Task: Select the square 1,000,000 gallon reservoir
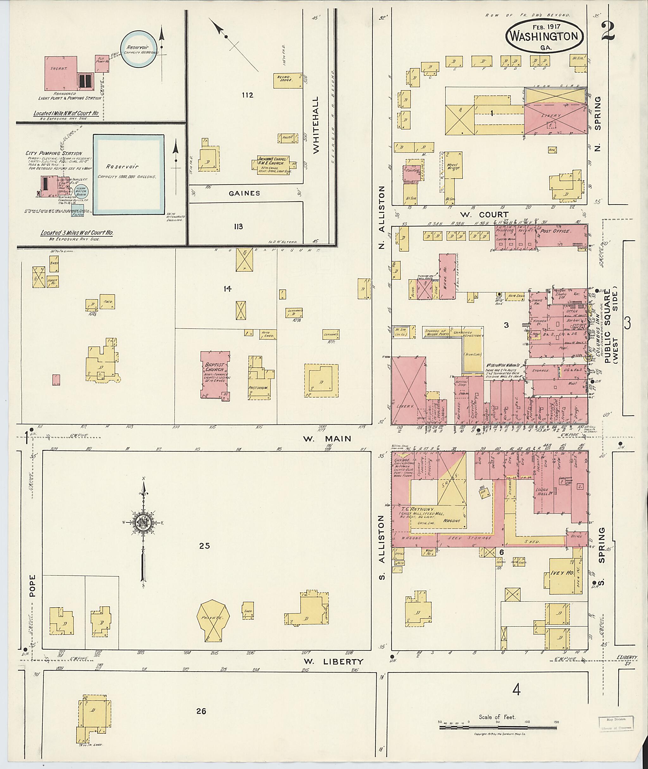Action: pos(128,174)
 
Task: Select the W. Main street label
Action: pos(327,438)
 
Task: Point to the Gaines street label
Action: pos(244,193)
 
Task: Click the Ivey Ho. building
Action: pos(562,576)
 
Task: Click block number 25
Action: pos(204,546)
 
